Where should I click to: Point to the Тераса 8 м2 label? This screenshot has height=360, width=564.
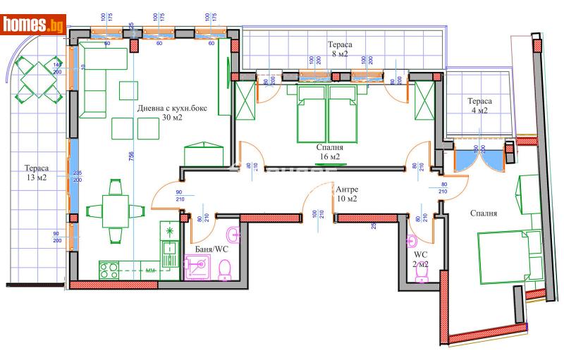tap(339, 49)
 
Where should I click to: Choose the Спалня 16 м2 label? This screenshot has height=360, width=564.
tap(329, 152)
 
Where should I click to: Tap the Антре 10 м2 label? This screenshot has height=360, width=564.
tap(346, 194)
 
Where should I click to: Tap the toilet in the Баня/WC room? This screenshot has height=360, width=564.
tap(225, 268)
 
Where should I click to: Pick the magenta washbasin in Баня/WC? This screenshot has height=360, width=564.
tap(232, 233)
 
